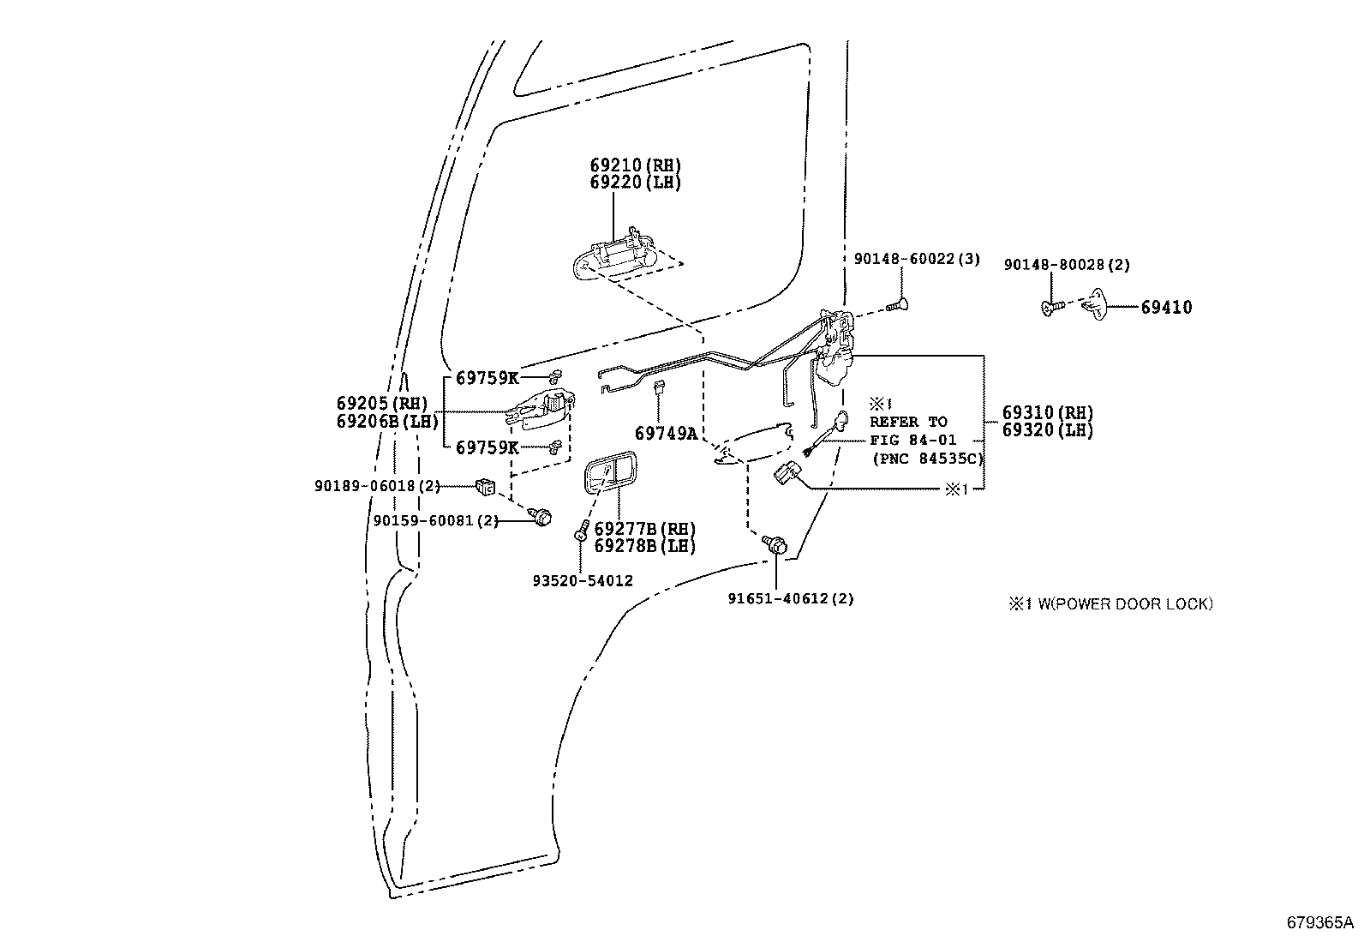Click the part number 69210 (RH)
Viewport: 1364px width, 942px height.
click(x=635, y=165)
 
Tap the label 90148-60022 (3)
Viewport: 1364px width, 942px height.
click(x=917, y=259)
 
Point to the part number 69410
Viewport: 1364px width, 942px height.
click(x=1166, y=307)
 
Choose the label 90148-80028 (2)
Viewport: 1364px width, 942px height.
click(x=1067, y=265)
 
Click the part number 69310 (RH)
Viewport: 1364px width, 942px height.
click(x=1048, y=412)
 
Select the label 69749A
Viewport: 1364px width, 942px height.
click(x=667, y=433)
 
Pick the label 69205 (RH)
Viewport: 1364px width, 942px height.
click(x=382, y=404)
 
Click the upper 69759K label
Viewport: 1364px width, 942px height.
click(x=488, y=378)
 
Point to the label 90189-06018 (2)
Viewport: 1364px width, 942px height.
click(x=378, y=486)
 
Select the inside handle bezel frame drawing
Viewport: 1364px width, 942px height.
click(x=610, y=472)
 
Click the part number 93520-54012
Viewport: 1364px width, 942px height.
click(x=583, y=581)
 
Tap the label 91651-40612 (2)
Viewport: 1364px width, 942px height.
click(x=791, y=599)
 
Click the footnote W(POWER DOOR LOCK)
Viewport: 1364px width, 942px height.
click(x=1125, y=603)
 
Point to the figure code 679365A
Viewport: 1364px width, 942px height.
click(x=1319, y=922)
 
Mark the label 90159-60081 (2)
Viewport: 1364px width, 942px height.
click(x=436, y=521)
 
